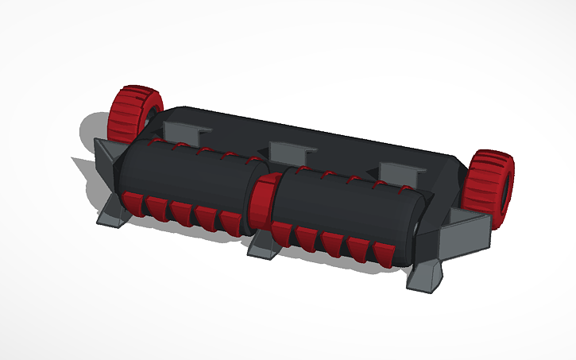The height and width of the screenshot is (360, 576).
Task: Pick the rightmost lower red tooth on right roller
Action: point(382,254)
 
